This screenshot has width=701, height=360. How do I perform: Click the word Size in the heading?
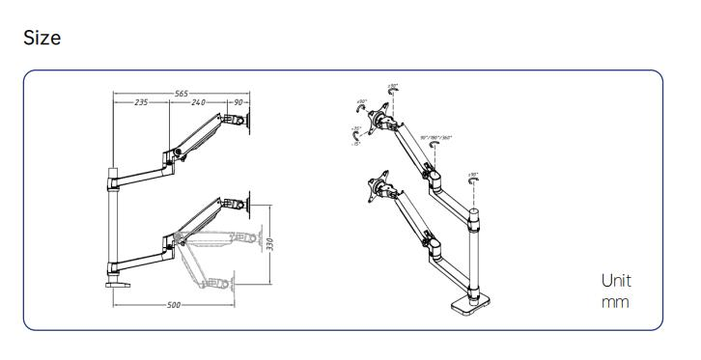(x=42, y=38)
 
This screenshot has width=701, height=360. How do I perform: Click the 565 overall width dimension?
(x=181, y=94)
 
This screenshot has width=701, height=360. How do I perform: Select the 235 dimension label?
(x=141, y=102)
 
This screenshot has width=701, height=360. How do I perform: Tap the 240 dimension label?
(x=199, y=102)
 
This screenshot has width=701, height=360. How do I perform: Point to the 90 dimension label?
(x=238, y=102)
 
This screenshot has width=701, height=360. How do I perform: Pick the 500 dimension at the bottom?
(x=173, y=305)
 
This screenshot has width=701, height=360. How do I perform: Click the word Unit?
(x=616, y=281)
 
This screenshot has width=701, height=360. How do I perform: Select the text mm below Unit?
(x=616, y=302)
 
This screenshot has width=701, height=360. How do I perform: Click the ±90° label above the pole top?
(x=472, y=175)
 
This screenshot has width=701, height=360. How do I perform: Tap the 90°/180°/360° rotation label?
(x=436, y=137)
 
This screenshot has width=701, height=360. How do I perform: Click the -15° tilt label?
(x=356, y=144)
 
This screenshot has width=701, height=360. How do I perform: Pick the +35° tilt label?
(x=357, y=127)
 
